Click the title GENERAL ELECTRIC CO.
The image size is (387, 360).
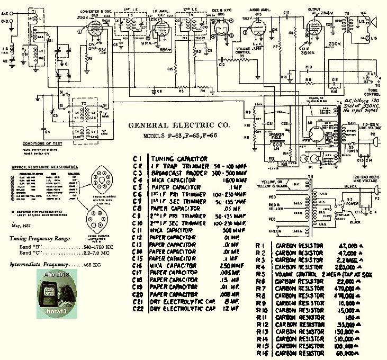179,126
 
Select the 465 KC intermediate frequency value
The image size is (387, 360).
92,264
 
